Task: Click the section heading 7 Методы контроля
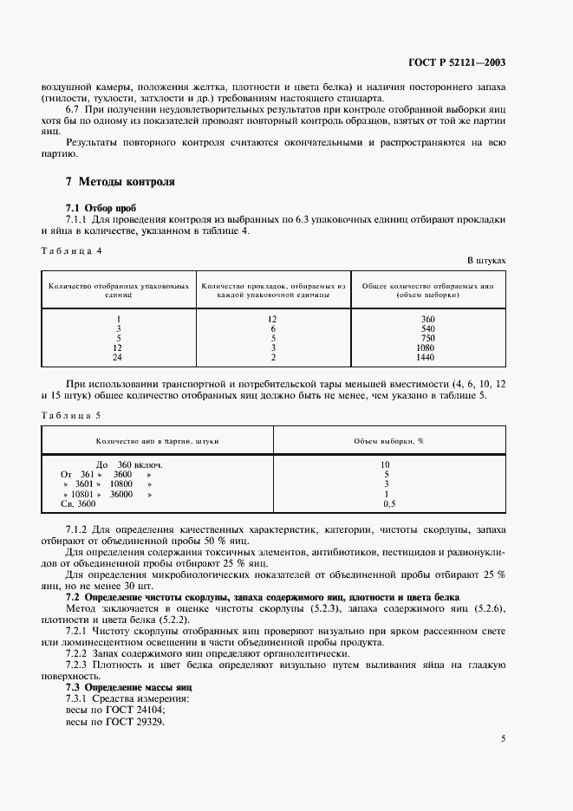click(120, 182)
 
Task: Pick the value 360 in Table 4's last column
click(426, 319)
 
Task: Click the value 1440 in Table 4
click(426, 357)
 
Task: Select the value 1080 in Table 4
click(426, 347)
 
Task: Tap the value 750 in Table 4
click(426, 338)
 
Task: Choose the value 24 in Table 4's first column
click(118, 357)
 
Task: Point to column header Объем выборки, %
click(388, 441)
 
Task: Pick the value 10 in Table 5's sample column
click(386, 465)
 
